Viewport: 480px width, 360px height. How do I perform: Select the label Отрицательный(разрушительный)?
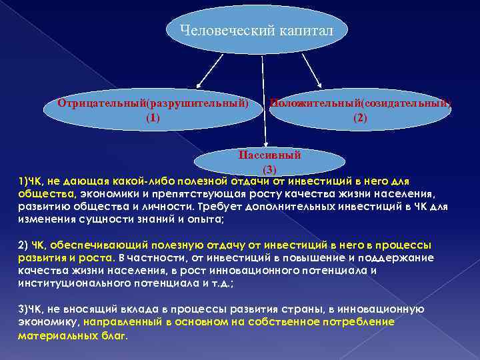click(x=153, y=104)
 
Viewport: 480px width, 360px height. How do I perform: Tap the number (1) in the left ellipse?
click(x=153, y=118)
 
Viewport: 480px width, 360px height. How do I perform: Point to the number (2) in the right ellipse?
click(x=360, y=118)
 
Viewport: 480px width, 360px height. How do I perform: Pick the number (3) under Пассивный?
click(x=269, y=169)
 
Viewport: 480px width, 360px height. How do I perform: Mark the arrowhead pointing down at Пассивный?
click(x=266, y=143)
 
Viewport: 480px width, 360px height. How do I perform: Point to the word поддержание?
click(x=401, y=257)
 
